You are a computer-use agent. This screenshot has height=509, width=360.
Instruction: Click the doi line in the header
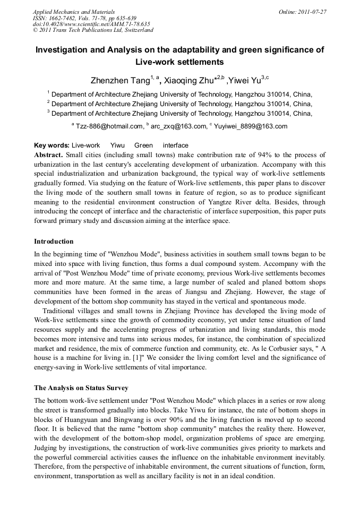[x=91, y=24]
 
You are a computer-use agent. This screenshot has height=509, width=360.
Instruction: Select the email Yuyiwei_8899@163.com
[x=250, y=126]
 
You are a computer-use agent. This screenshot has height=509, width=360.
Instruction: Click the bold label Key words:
[x=52, y=145]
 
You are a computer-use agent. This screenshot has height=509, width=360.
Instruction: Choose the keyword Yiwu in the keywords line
[x=117, y=145]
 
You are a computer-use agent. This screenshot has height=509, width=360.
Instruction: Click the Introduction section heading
[x=54, y=241]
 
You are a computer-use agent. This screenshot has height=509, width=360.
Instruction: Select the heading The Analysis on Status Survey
[x=81, y=388]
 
